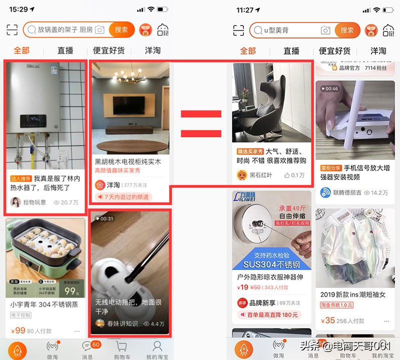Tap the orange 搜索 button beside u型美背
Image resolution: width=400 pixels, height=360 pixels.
347,30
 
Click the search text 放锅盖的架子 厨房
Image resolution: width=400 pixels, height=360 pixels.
65,30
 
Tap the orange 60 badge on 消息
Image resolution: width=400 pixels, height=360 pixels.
96,344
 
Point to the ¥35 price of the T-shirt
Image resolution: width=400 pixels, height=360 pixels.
328,320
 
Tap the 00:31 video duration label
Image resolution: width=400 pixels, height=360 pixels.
104,218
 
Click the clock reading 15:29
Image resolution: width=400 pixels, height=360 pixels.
19,9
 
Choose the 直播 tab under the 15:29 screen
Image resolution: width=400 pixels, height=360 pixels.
66,50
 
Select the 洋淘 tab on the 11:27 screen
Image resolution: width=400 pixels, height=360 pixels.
378,50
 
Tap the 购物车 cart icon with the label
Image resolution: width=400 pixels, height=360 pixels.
121,349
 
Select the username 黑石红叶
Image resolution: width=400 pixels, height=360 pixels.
261,175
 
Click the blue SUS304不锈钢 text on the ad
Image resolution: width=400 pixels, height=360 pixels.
271,264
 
